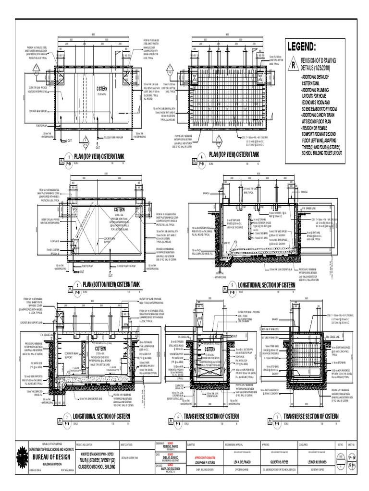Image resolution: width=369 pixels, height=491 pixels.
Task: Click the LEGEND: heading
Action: coord(302,47)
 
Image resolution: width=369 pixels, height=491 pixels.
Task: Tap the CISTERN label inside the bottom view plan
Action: coord(119,210)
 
